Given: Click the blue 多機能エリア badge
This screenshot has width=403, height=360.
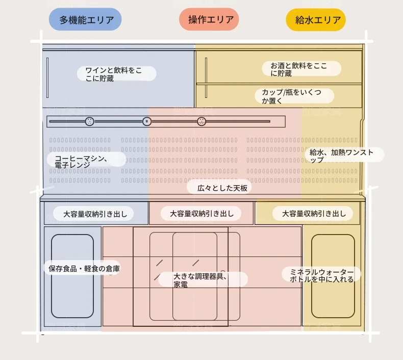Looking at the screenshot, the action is pos(85,19).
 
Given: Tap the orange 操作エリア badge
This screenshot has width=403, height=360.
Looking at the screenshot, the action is pos(209,19).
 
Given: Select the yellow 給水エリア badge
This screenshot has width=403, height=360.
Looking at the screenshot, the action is pos(316,20).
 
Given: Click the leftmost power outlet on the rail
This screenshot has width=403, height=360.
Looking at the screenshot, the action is pos(89,121).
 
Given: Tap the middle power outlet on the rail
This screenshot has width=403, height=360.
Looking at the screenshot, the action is pos(147,121).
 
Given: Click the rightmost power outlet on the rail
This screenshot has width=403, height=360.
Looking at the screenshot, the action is pos(202,121).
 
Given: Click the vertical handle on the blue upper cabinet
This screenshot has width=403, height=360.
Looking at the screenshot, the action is pos(47,78).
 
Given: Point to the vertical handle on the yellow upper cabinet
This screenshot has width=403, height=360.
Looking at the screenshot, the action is pos(206,78).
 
